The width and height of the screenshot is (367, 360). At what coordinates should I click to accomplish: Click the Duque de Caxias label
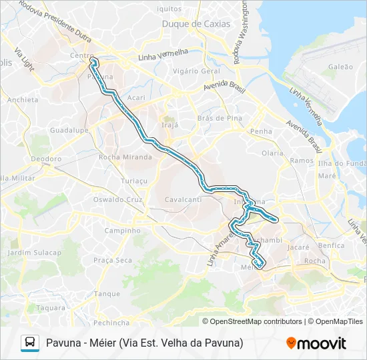(196, 24)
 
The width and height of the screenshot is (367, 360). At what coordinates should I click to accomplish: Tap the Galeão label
(340, 67)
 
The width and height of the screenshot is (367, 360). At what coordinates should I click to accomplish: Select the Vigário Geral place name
(196, 71)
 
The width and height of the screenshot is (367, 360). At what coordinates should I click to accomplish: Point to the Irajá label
(169, 123)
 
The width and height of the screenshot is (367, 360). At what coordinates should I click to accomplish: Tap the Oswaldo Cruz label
(118, 199)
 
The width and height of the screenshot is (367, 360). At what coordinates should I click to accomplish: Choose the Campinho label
(122, 231)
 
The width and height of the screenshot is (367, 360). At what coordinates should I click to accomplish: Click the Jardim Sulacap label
(34, 253)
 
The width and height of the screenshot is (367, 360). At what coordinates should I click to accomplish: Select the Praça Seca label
(113, 260)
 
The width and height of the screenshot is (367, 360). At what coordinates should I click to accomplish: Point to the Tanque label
(107, 293)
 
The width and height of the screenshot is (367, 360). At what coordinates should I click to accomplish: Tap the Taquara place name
(51, 307)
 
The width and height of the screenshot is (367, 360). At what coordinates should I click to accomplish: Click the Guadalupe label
(69, 131)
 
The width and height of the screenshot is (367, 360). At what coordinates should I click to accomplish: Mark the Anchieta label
(23, 100)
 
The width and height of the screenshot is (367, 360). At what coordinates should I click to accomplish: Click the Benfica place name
(332, 245)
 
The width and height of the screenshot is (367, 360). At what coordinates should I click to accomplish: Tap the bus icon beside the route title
(30, 343)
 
